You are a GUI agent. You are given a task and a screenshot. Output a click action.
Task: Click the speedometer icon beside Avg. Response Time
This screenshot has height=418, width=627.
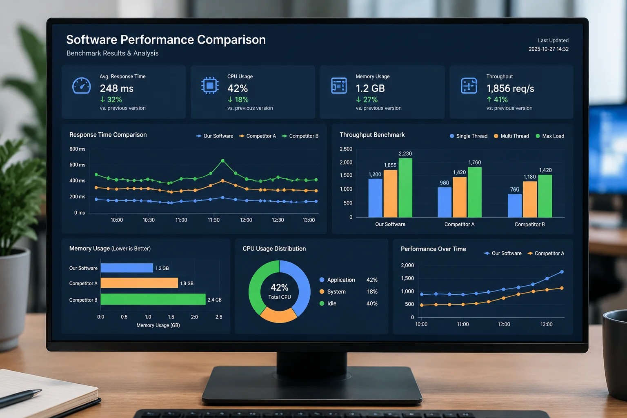point(82,85)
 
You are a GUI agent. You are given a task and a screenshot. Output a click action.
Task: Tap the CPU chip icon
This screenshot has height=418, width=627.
point(210,85)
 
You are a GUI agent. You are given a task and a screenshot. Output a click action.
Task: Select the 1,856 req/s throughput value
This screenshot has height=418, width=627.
point(510,89)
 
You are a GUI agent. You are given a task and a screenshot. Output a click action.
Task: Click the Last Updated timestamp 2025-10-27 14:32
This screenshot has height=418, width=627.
point(548,49)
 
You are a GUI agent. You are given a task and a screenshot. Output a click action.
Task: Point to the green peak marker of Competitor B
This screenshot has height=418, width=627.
point(223,161)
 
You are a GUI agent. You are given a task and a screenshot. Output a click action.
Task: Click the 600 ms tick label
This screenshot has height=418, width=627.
point(77,165)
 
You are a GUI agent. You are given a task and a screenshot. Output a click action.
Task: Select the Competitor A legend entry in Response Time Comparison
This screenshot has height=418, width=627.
point(257,136)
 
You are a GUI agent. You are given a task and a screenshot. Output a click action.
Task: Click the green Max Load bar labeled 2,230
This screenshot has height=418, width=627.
point(405,188)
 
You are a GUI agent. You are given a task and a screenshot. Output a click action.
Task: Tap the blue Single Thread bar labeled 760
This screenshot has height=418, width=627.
point(515,205)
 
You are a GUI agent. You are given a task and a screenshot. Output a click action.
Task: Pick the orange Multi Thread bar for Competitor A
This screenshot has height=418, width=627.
point(460,197)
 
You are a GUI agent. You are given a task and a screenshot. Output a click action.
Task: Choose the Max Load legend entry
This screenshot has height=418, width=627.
point(550,136)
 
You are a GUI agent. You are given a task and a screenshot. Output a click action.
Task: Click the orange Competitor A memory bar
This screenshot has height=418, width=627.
point(139,283)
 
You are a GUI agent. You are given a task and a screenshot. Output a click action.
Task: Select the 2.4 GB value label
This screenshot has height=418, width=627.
point(214,300)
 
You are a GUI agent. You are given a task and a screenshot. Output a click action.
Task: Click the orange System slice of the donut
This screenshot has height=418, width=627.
point(278,316)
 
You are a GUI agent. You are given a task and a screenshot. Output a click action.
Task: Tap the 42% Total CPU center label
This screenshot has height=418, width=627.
point(280,291)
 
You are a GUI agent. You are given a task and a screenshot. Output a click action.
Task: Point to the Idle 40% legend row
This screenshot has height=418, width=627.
point(349,303)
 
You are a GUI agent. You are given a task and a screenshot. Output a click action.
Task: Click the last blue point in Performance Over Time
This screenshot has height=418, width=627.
point(562,272)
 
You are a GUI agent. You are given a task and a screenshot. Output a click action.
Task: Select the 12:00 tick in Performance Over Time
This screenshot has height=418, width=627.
point(504,324)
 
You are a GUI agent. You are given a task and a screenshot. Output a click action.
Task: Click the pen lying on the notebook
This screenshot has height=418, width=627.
point(20,398)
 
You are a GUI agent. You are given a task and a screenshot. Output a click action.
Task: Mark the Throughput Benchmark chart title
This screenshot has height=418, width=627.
point(372,135)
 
